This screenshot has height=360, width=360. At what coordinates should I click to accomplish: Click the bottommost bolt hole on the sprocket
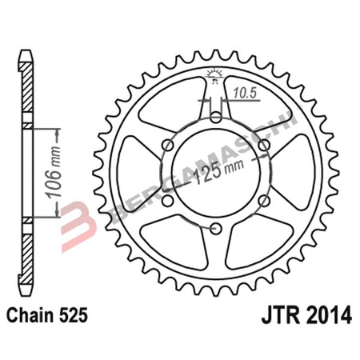pos(216,229)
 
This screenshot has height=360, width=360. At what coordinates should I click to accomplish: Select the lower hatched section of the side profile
pos(26,252)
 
